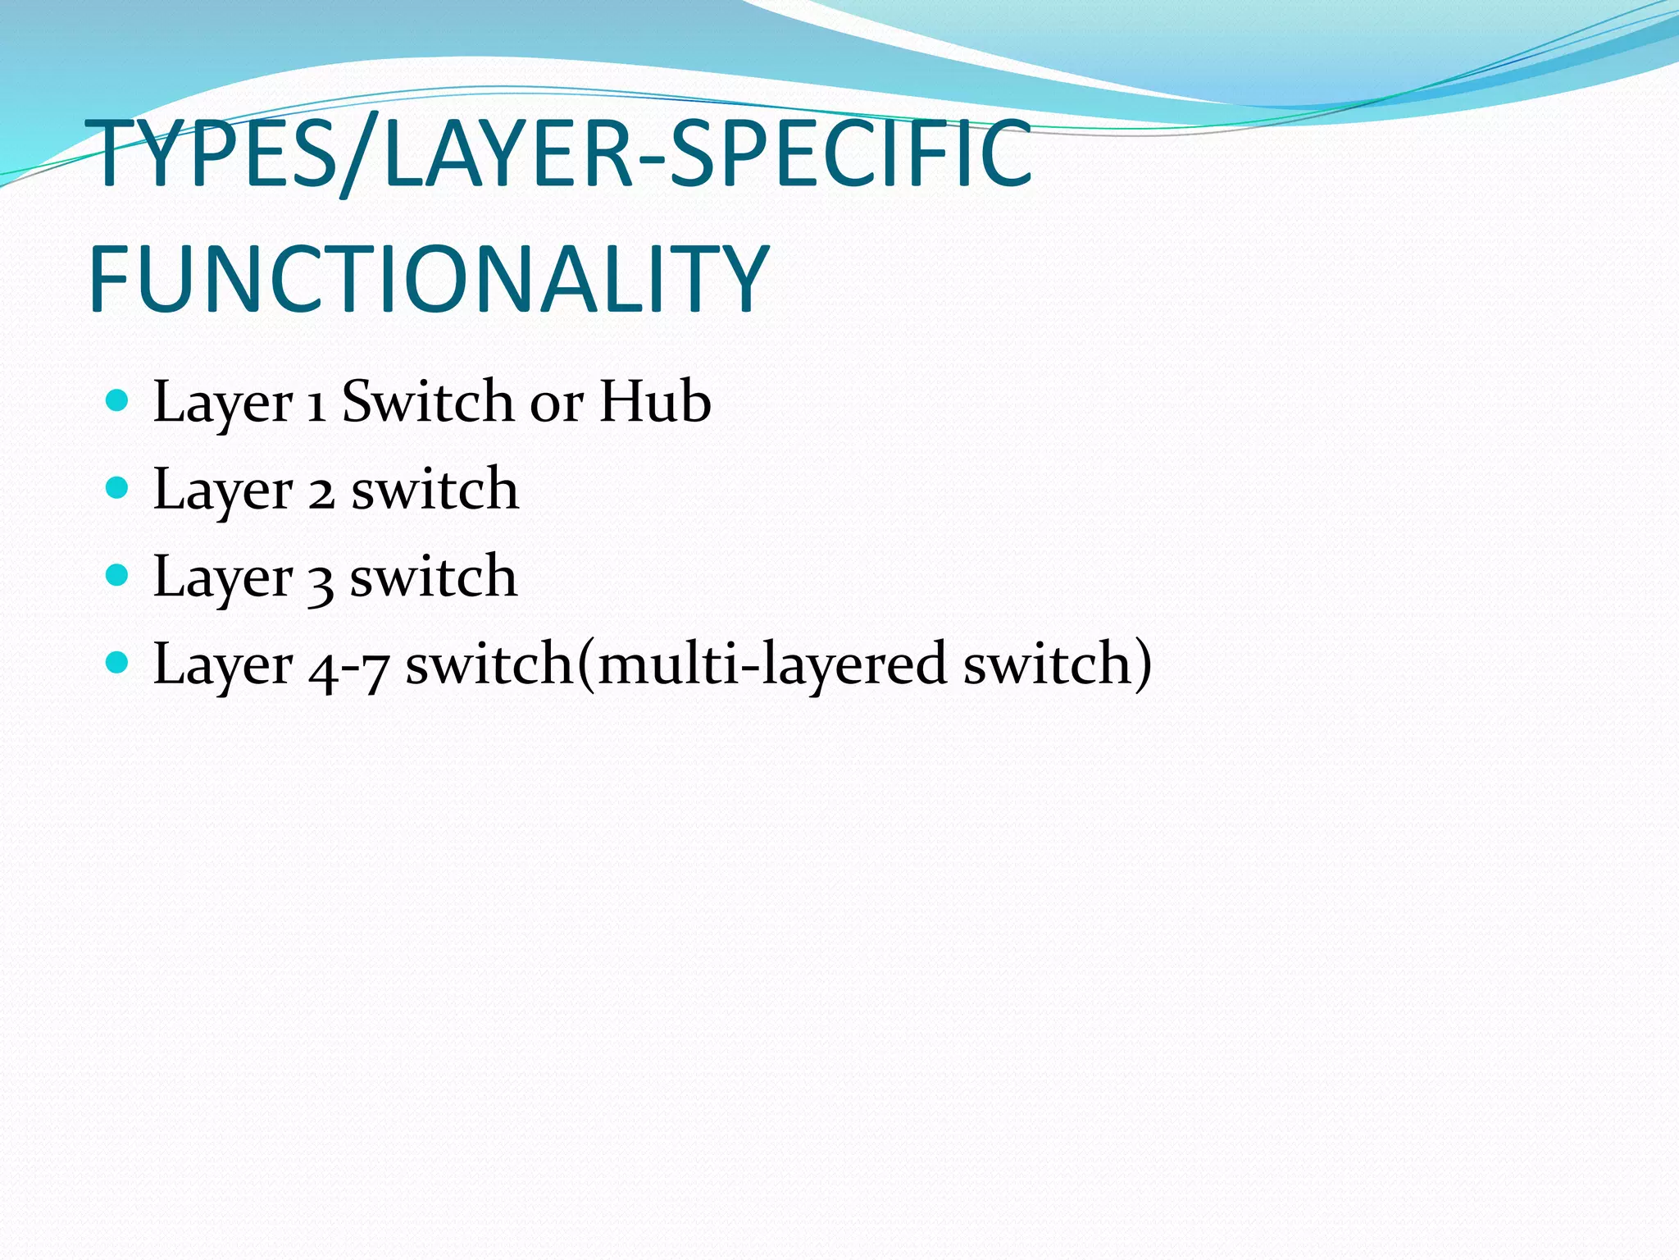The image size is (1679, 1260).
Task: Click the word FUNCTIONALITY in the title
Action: pos(428,280)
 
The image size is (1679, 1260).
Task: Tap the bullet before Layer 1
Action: pos(118,400)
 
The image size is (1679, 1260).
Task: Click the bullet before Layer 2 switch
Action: pos(118,488)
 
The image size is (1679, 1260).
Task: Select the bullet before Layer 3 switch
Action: pos(118,575)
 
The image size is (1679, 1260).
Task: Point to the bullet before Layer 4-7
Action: pos(118,662)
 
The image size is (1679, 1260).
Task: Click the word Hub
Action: pos(654,402)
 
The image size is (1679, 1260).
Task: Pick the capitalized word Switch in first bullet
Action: pos(427,402)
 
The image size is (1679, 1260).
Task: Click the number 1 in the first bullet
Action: pos(316,405)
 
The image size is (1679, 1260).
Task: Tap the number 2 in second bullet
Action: pos(321,493)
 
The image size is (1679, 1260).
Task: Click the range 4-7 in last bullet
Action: pos(348,667)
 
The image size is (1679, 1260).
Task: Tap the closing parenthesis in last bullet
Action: pos(1142,664)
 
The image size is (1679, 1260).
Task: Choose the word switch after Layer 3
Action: pos(434,577)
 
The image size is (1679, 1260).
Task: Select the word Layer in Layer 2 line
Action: pos(222,491)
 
